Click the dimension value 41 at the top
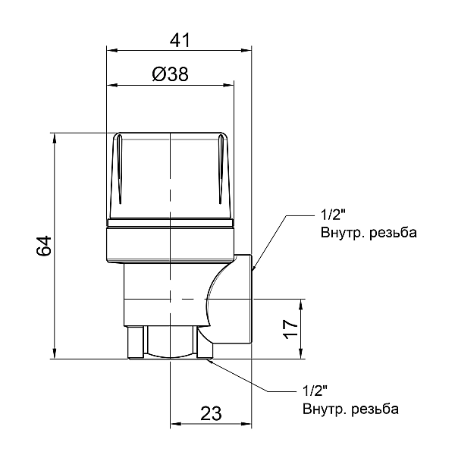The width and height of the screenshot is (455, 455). coord(180,40)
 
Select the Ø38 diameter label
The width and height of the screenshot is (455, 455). coord(170,74)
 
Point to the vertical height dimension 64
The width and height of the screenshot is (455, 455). coord(44,246)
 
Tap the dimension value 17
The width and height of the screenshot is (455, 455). coord(290,329)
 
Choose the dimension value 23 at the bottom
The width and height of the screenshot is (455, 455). coord(211,413)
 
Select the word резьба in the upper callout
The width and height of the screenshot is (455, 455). coord(393,233)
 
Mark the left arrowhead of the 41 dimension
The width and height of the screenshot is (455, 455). coord(112,51)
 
